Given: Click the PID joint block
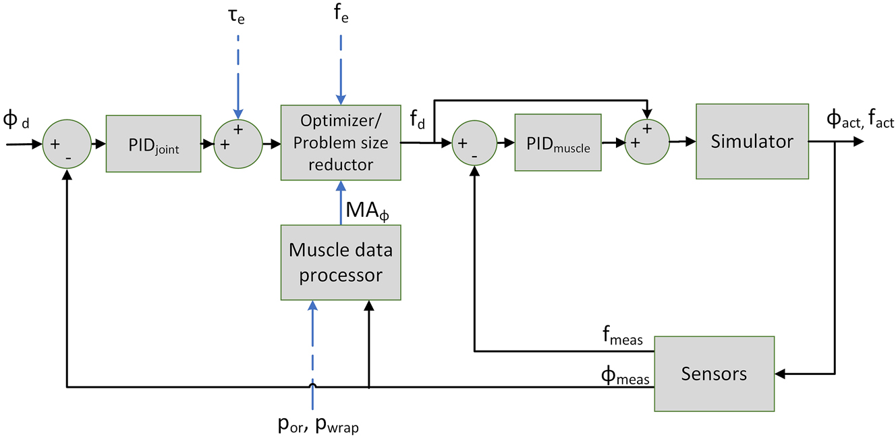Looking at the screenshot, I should pos(154,144).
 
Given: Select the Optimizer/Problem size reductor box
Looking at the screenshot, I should pos(341,143).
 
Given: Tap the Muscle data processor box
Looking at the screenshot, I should pos(341,262).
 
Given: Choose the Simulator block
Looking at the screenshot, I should pos(752,141).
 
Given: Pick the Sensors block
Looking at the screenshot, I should pos(715,373).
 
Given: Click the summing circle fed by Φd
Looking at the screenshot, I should pos(66,144).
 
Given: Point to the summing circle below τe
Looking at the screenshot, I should pos(237,144).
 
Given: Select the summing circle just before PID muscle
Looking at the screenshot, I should pos(474,143).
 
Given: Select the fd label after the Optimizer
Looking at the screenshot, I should pos(418,120).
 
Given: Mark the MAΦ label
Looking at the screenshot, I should pos(366,211).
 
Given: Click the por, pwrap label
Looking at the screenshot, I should pos(317,424).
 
